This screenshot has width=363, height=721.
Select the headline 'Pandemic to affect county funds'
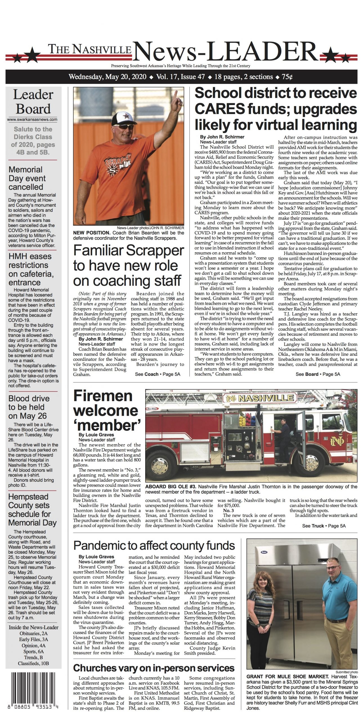coord(154,546)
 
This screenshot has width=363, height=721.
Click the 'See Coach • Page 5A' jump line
coord(157,374)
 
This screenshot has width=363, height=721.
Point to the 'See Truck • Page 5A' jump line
coord(324,526)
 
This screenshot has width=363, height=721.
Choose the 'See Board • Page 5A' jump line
coord(318,374)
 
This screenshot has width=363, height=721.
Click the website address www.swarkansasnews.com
coord(32,119)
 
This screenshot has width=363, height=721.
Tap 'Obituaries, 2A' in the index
coord(33,633)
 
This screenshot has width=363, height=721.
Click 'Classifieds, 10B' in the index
coord(33,663)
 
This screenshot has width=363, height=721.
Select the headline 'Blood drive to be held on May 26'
coord(29,407)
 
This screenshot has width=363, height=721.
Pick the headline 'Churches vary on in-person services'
coord(154,668)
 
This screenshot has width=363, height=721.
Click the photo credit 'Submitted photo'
coord(347,672)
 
